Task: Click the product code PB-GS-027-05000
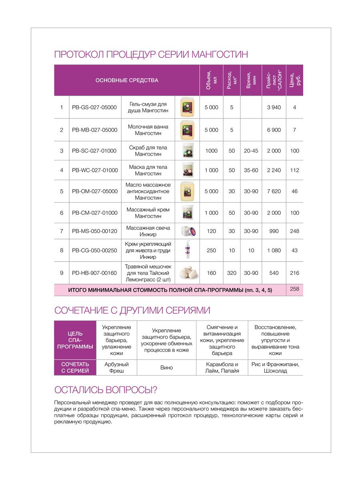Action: pos(94,107)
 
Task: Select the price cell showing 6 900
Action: pos(274,130)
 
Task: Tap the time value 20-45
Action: pos(251,151)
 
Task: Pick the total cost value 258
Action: pos(294,289)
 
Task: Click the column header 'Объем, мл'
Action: pos(212,80)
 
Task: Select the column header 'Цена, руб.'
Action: pos(294,80)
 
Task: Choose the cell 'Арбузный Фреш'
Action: pos(116,368)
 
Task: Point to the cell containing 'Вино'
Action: pos(166,368)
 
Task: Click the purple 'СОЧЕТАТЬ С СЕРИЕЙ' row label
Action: pos(75,368)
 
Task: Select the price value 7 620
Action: pos(274,191)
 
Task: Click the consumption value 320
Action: pos(232,273)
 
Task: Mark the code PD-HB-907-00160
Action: pos(95,273)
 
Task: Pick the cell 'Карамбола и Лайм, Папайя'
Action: pos(222,368)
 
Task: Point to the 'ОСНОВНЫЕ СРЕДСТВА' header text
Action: pos(127,80)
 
